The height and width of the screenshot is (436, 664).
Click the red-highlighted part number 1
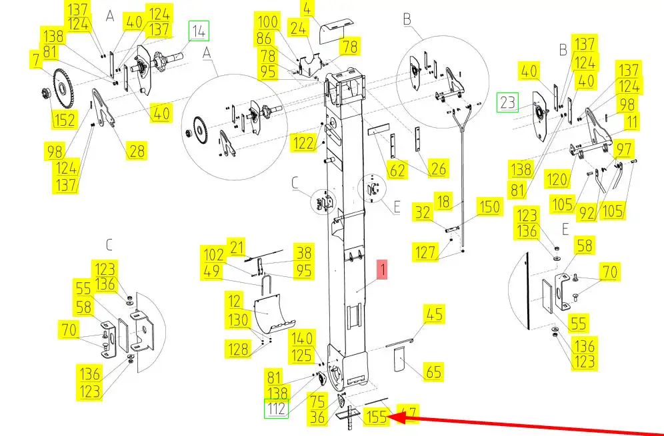click(381, 270)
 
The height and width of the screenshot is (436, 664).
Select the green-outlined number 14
click(199, 31)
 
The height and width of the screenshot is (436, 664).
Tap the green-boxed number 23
click(508, 103)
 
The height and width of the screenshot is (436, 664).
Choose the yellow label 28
click(137, 151)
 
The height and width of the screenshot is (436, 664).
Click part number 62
click(397, 170)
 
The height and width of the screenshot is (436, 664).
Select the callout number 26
click(437, 169)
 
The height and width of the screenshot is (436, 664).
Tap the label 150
click(489, 207)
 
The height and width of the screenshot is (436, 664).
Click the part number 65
click(433, 371)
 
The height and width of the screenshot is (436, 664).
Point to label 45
click(435, 314)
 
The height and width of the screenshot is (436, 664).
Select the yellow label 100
click(268, 23)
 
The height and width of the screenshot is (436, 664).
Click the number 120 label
click(558, 180)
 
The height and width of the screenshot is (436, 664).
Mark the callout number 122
click(303, 142)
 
